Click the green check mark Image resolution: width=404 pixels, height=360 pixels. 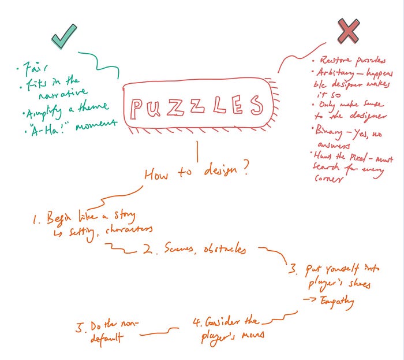pyautogui.click(x=64, y=37)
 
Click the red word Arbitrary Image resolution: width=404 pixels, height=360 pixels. pyautogui.click(x=332, y=73)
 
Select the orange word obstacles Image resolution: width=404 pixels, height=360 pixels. pyautogui.click(x=226, y=250)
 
